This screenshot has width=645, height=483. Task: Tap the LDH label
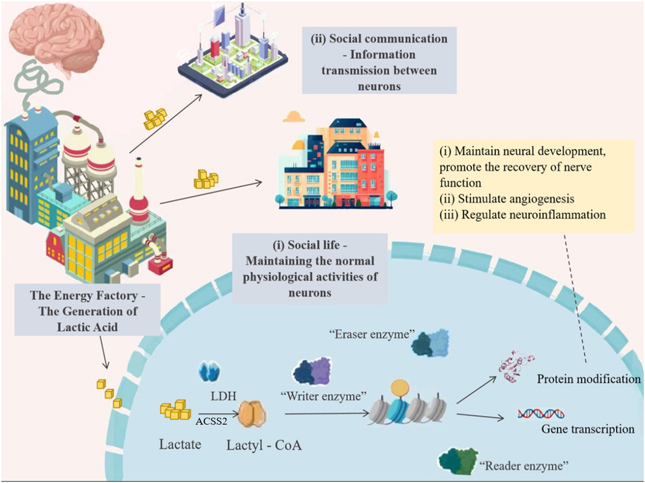coord(223,395)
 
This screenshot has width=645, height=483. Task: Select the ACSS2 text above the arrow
coord(211,421)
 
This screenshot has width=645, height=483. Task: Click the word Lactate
coord(180,444)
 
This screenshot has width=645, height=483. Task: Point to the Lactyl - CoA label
coord(264,445)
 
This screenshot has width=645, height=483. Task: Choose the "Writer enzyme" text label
coord(323,396)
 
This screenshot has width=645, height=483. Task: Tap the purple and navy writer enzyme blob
coord(312,372)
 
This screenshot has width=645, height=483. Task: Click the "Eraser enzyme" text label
coord(372,334)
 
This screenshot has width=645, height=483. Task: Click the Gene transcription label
coord(588,429)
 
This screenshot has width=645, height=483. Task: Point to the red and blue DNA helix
coord(541,414)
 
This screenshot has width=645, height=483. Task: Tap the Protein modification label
coord(588,379)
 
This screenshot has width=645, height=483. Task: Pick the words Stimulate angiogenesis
coord(516,198)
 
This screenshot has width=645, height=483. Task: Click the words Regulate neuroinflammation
coord(533,215)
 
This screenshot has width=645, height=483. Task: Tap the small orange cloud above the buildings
coord(293,116)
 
